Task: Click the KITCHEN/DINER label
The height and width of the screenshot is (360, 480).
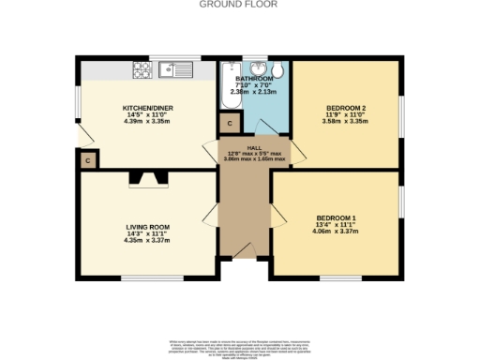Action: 148,109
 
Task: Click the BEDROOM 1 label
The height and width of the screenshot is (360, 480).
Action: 336,218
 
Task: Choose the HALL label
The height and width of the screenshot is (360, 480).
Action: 254,148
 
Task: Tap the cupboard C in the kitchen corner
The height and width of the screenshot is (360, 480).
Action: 87,160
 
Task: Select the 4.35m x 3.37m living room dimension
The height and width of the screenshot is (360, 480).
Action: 148,241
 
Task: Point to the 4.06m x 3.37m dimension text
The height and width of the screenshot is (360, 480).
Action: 336,232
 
